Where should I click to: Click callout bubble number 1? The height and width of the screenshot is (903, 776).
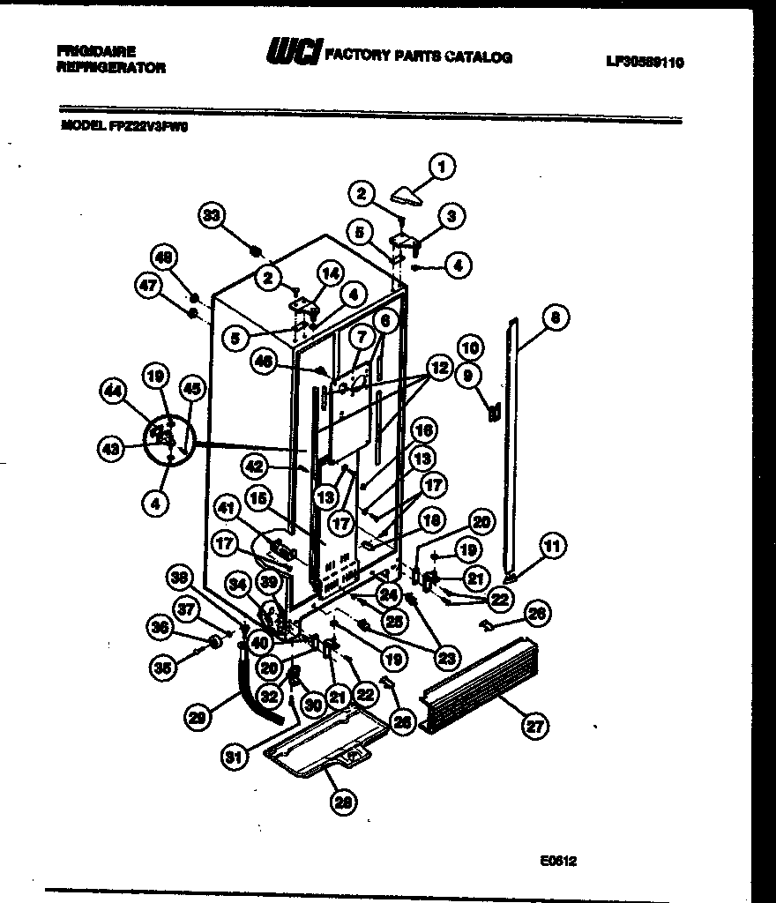click(x=442, y=166)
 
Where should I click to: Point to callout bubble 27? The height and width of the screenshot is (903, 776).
click(x=534, y=727)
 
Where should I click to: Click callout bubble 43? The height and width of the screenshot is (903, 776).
click(x=109, y=449)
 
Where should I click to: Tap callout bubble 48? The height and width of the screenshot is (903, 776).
click(x=163, y=258)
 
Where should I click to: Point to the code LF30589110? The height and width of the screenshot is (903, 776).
click(x=645, y=63)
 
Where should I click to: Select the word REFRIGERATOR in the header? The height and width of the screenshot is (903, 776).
click(x=110, y=68)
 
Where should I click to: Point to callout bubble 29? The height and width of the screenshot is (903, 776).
click(x=201, y=719)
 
